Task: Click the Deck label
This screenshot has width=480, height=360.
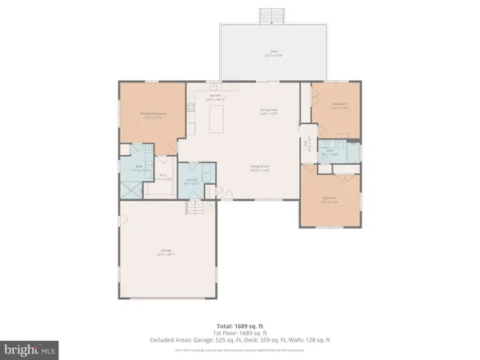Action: (273, 54)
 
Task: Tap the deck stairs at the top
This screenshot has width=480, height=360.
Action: (274, 16)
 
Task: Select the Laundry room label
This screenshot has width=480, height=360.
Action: (192, 182)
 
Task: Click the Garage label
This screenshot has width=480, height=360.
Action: (166, 253)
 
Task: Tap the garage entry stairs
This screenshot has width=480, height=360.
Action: (197, 208)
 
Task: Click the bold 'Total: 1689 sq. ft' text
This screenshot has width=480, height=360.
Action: (239, 326)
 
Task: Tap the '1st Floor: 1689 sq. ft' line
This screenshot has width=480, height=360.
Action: (239, 333)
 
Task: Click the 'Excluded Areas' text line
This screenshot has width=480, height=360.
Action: (239, 340)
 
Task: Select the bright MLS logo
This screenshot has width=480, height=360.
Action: (30, 349)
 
